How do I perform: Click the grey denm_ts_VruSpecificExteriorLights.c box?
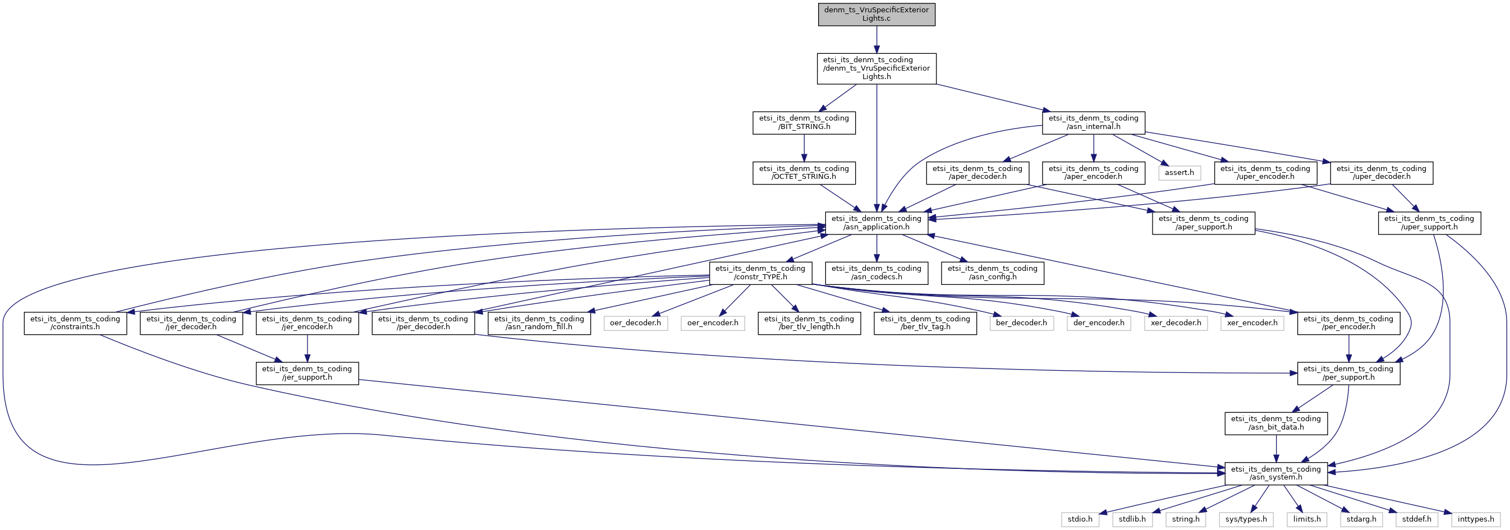pyautogui.click(x=876, y=14)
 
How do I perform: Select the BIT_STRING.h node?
pyautogui.click(x=804, y=122)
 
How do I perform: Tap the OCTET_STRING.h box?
pyautogui.click(x=804, y=173)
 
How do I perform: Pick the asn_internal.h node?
pyautogui.click(x=1093, y=122)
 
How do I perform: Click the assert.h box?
pyautogui.click(x=1179, y=173)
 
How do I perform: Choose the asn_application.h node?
pyautogui.click(x=876, y=223)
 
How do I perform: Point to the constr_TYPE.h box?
pyautogui.click(x=760, y=273)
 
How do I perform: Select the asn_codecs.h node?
pyautogui.click(x=876, y=273)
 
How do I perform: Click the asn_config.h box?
pyautogui.click(x=993, y=273)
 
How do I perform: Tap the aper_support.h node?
pyautogui.click(x=1204, y=223)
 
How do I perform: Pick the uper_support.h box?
pyautogui.click(x=1429, y=223)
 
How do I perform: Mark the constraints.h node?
pyautogui.click(x=75, y=323)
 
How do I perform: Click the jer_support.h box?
pyautogui.click(x=307, y=373)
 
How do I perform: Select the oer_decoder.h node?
pyautogui.click(x=635, y=323)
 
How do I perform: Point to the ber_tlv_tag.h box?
pyautogui.click(x=925, y=323)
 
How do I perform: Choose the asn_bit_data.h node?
pyautogui.click(x=1275, y=423)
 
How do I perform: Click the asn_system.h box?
pyautogui.click(x=1275, y=473)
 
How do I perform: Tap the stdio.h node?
pyautogui.click(x=1080, y=519)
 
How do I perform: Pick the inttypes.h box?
pyautogui.click(x=1475, y=519)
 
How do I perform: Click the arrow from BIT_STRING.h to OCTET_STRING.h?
pyautogui.click(x=804, y=148)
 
